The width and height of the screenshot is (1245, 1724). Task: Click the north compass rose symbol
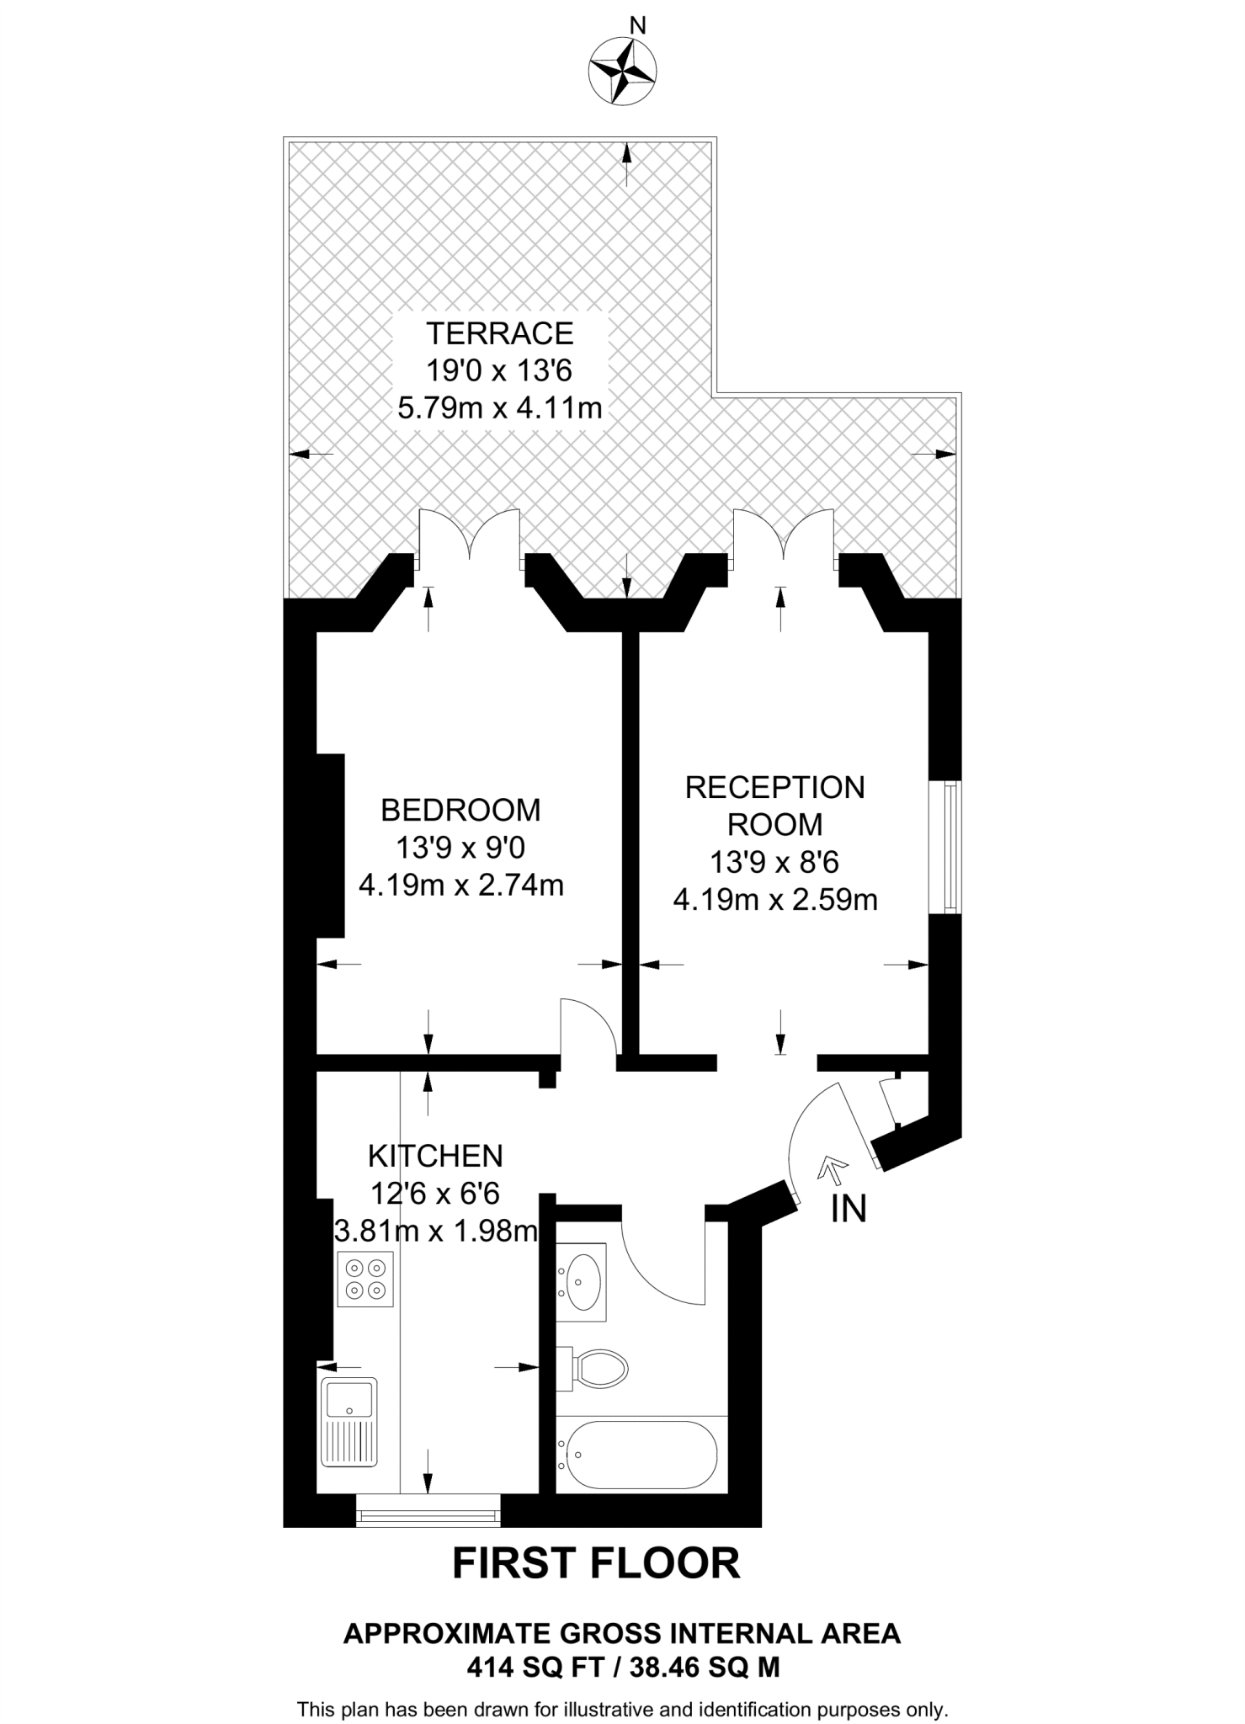623,72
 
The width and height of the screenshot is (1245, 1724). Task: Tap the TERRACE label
499,334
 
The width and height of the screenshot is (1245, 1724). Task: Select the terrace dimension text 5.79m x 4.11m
499,409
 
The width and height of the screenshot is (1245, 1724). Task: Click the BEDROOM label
460,810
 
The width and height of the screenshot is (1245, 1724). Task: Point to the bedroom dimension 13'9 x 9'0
460,848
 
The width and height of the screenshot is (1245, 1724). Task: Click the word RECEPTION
774,788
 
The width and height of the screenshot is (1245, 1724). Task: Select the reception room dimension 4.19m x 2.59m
774,901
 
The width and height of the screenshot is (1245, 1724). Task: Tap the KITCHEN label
435,1156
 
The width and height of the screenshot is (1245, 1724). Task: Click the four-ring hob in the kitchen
365,1280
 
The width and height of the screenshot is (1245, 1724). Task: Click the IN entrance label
848,1210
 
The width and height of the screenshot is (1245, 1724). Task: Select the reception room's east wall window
950,847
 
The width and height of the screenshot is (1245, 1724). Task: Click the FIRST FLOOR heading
596,1563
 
